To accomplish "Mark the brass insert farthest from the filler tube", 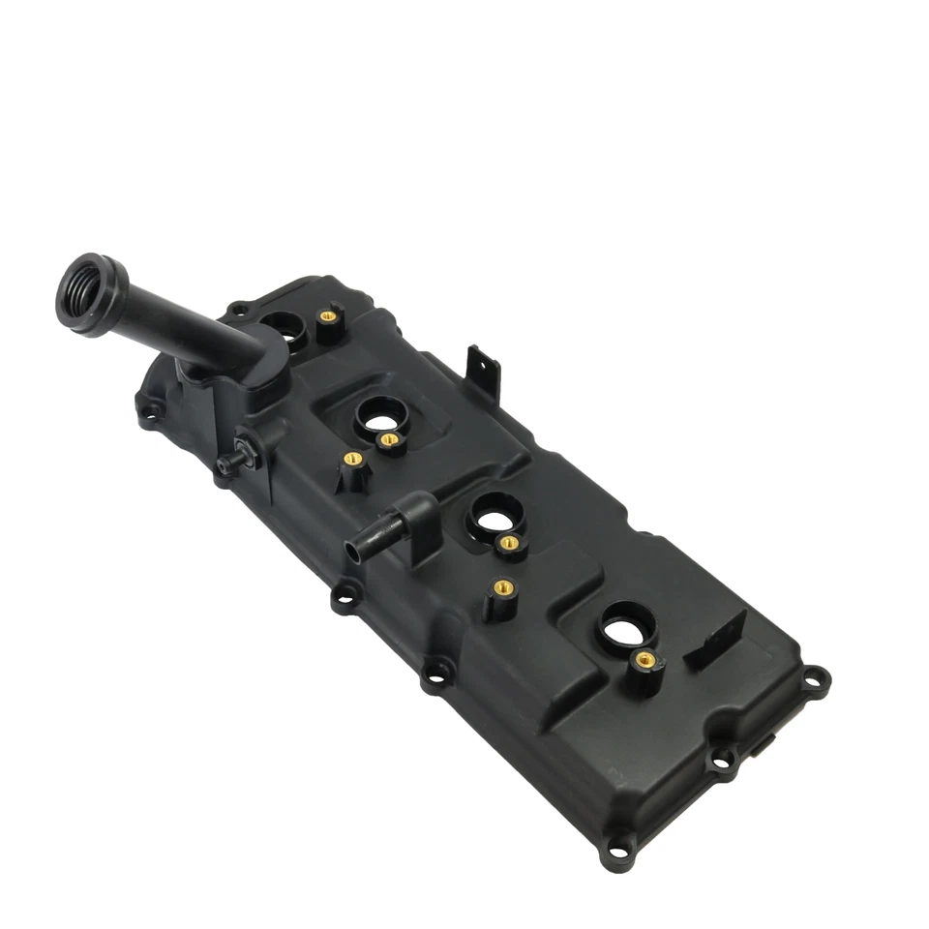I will coord(645,660).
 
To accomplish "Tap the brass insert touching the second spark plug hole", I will coord(389,440).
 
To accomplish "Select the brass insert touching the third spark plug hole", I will coord(506,543).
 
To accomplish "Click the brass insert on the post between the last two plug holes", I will coord(502,587).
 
